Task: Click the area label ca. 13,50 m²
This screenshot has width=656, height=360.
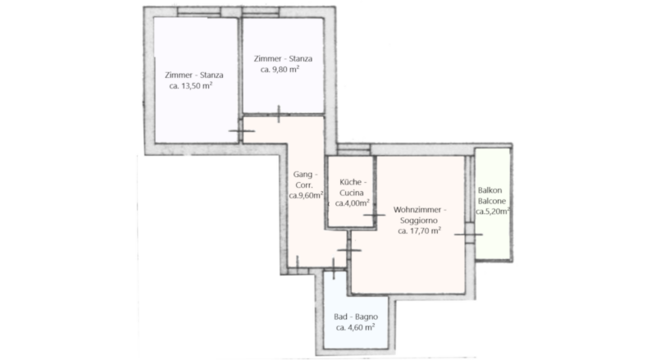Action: (191, 86)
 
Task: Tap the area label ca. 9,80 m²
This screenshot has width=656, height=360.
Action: (280, 70)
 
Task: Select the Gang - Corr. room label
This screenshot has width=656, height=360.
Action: (305, 180)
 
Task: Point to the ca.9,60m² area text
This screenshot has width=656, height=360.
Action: (306, 195)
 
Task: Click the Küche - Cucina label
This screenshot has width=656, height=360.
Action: (353, 188)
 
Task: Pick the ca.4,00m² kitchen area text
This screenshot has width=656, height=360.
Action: (353, 203)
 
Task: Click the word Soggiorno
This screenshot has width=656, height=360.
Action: (419, 221)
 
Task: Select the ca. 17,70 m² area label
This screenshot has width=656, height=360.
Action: (419, 230)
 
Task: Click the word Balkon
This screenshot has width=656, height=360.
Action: (490, 190)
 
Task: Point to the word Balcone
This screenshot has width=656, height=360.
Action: (492, 201)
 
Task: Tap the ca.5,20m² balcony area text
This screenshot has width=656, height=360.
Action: (493, 212)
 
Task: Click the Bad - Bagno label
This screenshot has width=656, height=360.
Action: (356, 317)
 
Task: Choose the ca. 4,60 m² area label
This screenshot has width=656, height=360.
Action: (355, 327)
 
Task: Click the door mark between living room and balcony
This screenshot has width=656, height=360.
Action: (468, 235)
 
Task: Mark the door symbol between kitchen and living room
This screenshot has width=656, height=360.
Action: (374, 215)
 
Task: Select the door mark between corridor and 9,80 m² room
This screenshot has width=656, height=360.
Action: (279, 114)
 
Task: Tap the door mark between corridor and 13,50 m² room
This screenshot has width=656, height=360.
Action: (241, 131)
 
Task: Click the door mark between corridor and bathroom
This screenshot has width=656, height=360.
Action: (334, 269)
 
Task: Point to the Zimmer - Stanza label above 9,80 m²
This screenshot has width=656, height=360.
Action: (283, 58)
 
